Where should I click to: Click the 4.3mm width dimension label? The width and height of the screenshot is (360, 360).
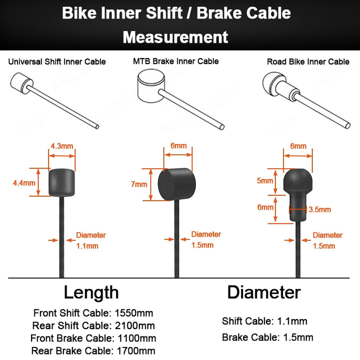(62, 146)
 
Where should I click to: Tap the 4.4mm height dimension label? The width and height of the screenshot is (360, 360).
(23, 183)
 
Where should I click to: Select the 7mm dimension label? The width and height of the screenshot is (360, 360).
(139, 184)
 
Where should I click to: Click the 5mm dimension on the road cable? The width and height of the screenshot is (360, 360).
(265, 180)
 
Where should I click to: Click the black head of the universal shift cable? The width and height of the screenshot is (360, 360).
(61, 183)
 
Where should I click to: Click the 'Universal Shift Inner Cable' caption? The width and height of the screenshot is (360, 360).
(57, 62)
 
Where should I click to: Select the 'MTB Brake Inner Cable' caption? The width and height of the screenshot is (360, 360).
(175, 61)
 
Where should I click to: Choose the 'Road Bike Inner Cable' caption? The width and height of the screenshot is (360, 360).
(308, 62)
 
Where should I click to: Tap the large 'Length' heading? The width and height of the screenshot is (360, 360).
(91, 292)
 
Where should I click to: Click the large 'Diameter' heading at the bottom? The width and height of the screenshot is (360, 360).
(264, 292)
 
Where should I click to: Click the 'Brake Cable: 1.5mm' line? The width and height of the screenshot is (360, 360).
(267, 337)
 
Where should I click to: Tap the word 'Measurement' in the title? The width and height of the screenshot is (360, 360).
(175, 36)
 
